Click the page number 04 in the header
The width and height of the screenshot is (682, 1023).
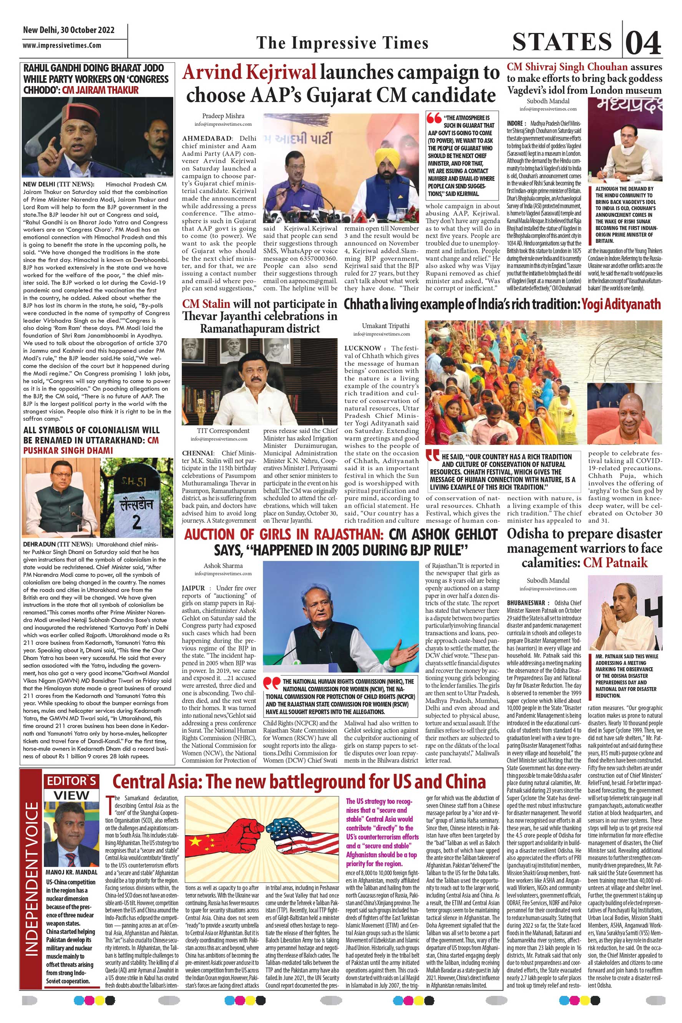[644, 43]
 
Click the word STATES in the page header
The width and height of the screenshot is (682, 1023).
[562, 42]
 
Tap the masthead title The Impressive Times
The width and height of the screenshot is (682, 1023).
[342, 43]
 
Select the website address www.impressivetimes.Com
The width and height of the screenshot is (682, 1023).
[62, 45]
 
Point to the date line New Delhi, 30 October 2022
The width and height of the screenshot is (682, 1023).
[69, 30]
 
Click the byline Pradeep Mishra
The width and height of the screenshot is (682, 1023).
[223, 116]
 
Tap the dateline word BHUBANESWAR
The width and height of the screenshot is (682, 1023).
[525, 603]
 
